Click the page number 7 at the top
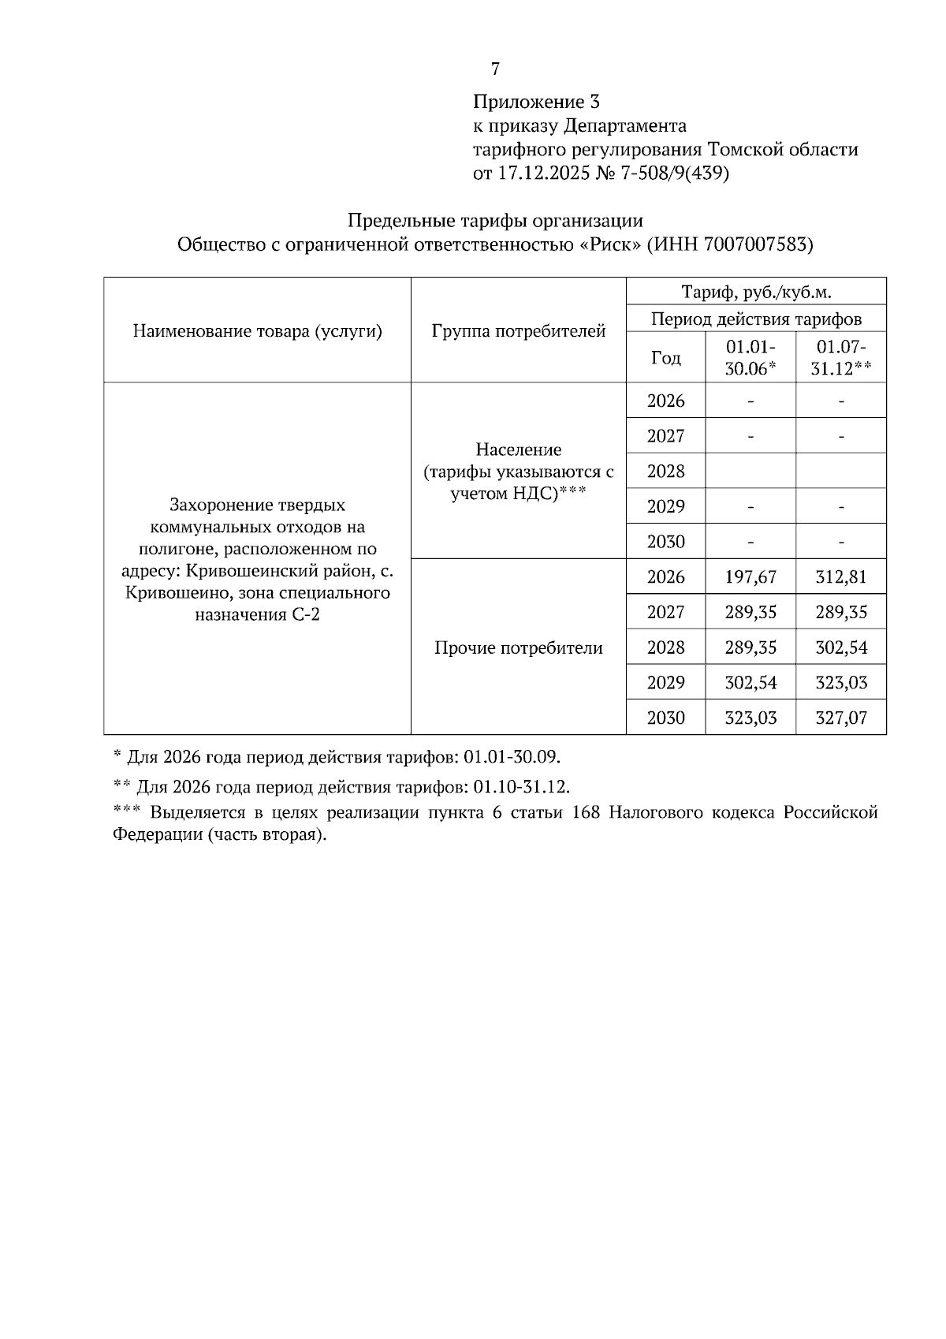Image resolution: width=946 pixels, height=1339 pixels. click(495, 69)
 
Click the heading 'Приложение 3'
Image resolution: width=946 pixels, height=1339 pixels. click(536, 102)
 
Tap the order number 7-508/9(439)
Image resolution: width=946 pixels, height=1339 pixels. click(676, 173)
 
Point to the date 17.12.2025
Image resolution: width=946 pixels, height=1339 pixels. click(542, 173)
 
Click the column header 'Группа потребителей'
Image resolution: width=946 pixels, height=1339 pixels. click(519, 331)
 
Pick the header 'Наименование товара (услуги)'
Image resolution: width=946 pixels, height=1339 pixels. click(257, 331)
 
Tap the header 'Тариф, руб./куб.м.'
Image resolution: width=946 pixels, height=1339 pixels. click(756, 293)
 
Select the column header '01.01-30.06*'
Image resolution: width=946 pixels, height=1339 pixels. click(750, 357)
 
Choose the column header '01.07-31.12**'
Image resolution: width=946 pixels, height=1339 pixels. click(841, 357)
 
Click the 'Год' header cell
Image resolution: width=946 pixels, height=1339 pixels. click(665, 358)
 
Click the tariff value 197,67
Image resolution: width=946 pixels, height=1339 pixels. click(750, 577)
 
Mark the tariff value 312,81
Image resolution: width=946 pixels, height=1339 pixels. click(841, 577)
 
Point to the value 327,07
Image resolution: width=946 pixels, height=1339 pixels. click(841, 718)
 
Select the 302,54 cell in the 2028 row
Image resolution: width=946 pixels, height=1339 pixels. click(841, 647)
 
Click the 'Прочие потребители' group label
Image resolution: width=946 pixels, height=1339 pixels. click(519, 648)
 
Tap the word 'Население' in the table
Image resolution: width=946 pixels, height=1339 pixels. click(519, 450)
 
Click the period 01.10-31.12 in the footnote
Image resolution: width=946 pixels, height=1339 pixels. click(520, 787)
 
